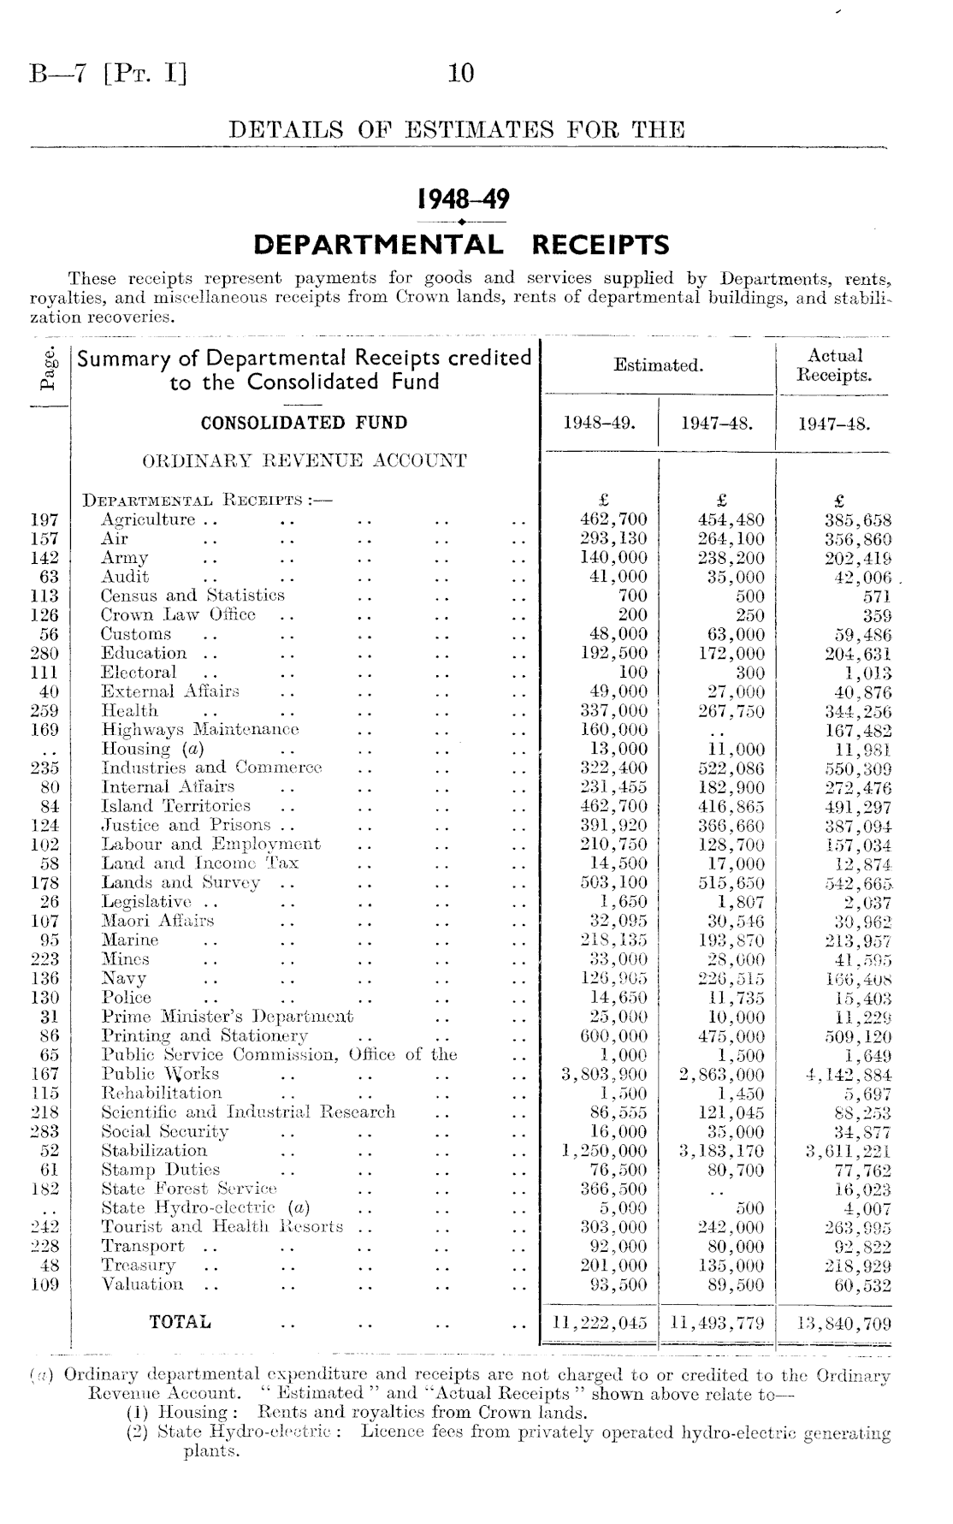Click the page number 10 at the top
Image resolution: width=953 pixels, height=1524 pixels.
point(461,74)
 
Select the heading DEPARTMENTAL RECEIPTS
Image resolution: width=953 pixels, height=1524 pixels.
point(462,246)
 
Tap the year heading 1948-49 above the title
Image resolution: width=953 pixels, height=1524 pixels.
point(462,200)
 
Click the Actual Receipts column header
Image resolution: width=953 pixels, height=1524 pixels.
point(834,365)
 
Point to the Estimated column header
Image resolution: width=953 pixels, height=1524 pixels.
point(659,366)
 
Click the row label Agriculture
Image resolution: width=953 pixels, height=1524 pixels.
point(148,520)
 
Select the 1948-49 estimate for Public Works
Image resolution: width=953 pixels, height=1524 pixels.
point(603,1075)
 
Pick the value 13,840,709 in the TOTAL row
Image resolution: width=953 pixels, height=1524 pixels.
point(843,1323)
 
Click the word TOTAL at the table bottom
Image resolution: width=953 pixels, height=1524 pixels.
point(180,1322)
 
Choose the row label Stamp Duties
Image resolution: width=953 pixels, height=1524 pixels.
point(161,1170)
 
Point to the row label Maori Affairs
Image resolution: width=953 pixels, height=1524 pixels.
point(157,922)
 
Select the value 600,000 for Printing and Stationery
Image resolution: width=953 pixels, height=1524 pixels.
point(613,1036)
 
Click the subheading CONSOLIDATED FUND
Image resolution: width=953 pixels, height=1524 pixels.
point(304,423)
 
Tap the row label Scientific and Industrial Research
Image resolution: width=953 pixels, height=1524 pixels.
point(248,1112)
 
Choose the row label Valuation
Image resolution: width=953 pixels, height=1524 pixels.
point(142,1284)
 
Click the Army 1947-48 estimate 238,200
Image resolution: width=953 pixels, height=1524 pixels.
point(730,558)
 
